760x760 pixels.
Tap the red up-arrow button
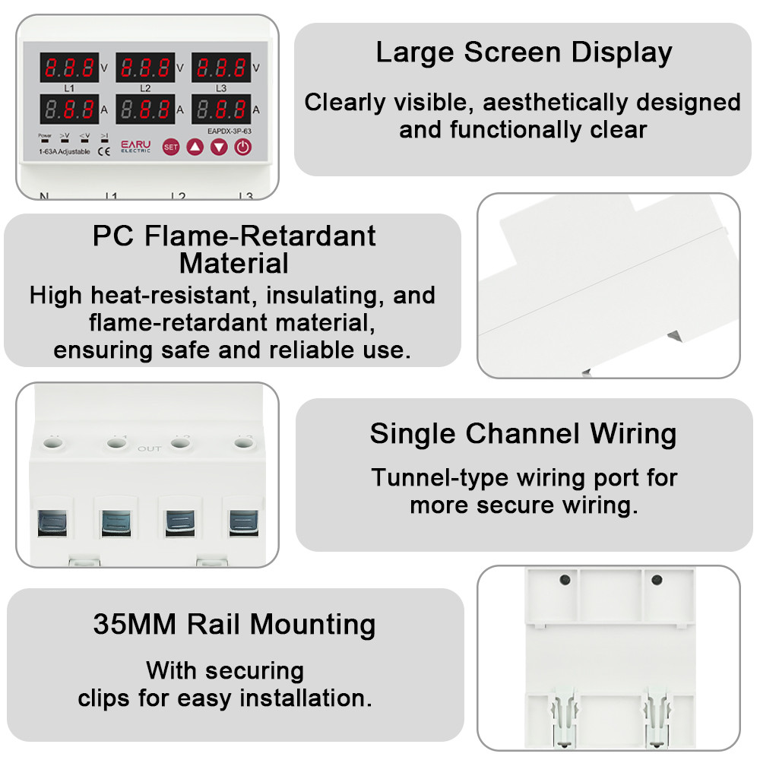[195, 146]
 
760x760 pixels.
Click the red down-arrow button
[219, 146]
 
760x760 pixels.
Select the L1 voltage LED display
[69, 67]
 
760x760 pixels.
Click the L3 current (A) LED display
[220, 109]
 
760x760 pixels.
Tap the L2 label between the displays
[145, 88]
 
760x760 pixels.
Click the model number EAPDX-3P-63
[229, 131]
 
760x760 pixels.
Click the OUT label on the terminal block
[149, 449]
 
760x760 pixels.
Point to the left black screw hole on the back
[565, 580]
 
